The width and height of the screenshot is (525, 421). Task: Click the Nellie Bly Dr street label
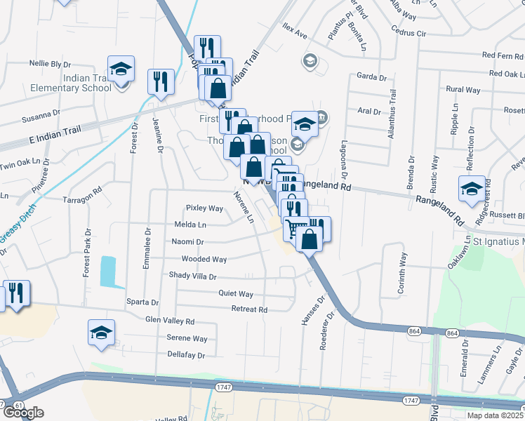51,63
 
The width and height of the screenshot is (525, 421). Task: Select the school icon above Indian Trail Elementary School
121,69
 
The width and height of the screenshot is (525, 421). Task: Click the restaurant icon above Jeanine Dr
161,81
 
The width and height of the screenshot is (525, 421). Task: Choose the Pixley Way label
204,208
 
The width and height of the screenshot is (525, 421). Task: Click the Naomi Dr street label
187,242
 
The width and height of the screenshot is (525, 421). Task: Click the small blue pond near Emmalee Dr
108,271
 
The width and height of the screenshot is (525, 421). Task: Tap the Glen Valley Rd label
169,321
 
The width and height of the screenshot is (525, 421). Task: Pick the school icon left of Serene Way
101,333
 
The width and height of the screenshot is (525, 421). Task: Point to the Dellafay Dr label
186,355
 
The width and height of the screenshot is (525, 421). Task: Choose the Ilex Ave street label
295,34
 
